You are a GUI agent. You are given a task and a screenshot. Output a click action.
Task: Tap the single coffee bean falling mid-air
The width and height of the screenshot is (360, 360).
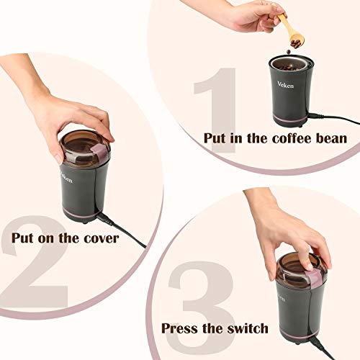pos(289,52)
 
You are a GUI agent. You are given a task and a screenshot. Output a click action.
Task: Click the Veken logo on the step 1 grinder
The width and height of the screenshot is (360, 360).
pos(285,84)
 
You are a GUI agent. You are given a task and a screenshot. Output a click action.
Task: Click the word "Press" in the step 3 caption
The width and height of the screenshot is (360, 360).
pos(179,328)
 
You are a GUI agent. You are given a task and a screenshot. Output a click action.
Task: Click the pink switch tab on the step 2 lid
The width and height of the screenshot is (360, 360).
pos(101,154)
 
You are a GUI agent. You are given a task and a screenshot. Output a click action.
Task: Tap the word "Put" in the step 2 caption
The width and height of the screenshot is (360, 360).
pos(22,238)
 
